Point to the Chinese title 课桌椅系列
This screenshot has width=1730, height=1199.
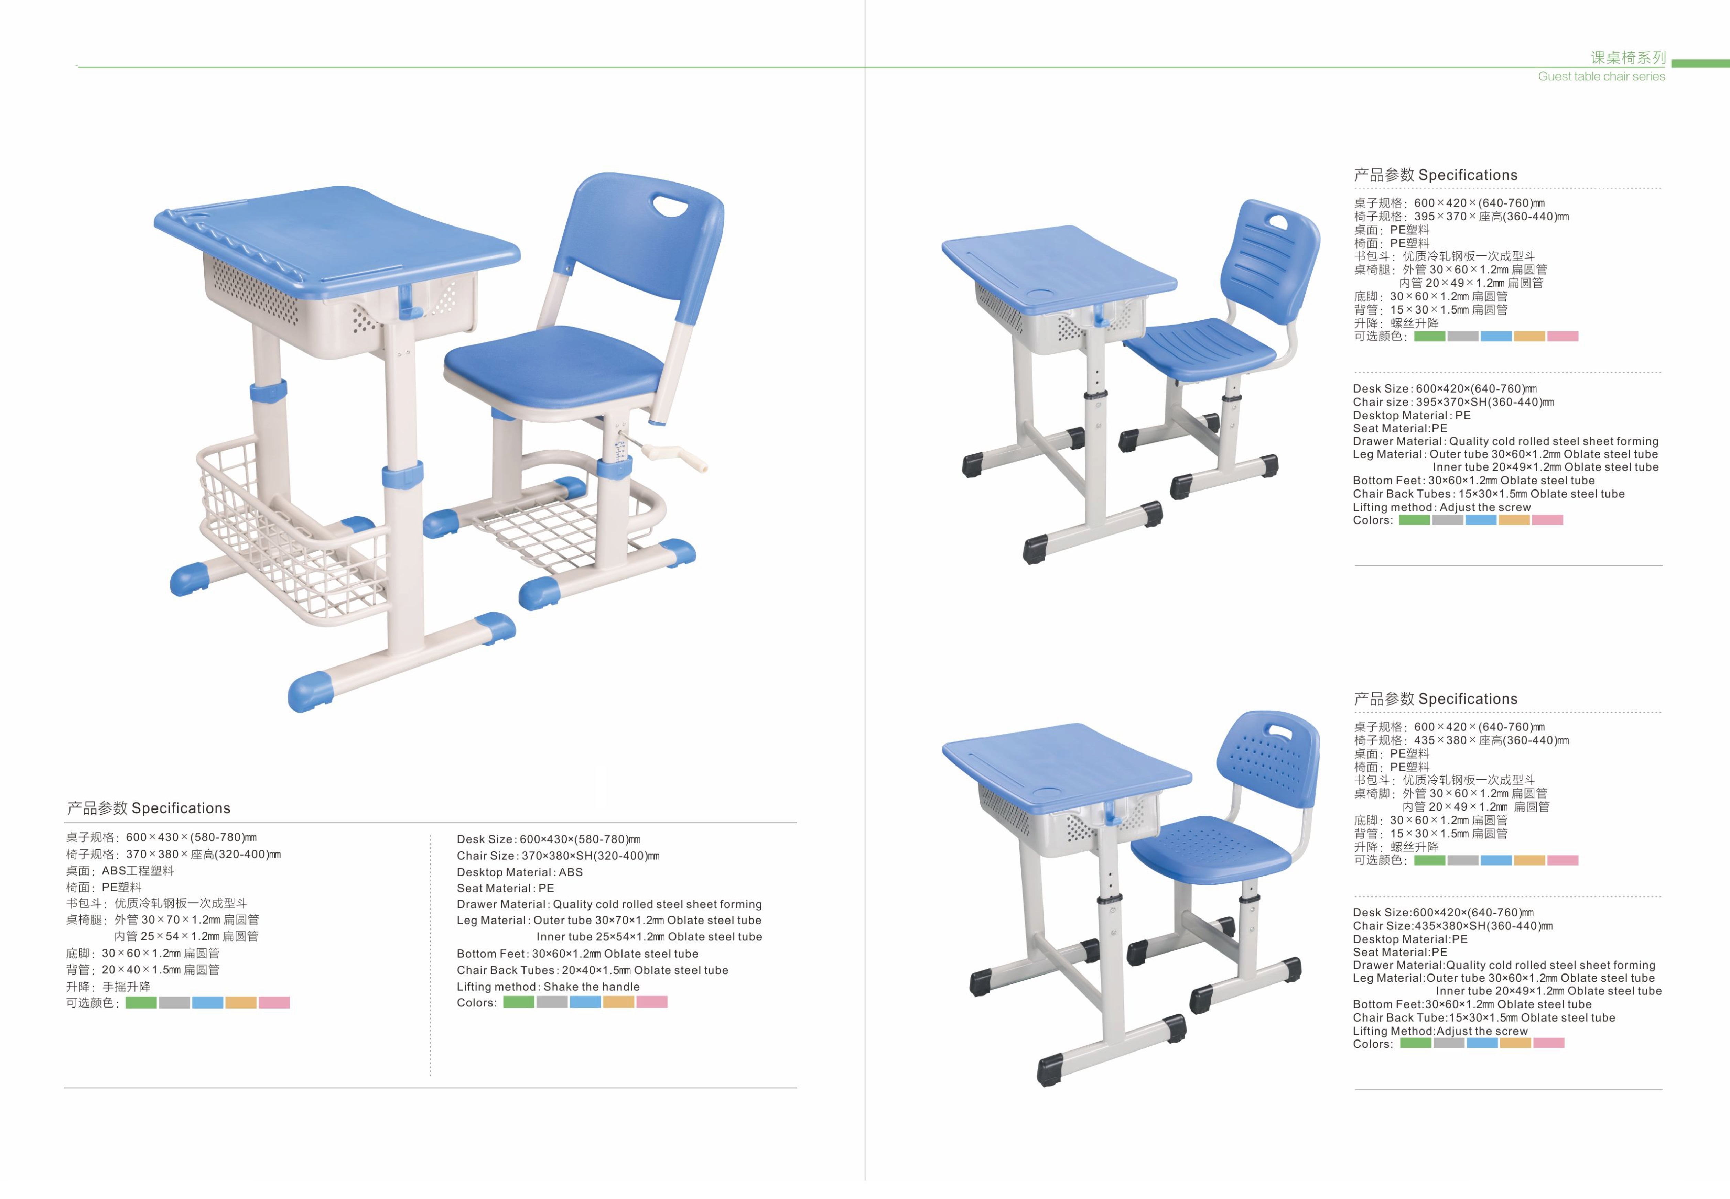click(x=1628, y=58)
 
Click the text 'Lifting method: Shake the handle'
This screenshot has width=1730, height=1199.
click(x=548, y=987)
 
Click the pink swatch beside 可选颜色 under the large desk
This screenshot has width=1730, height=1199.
click(x=273, y=1003)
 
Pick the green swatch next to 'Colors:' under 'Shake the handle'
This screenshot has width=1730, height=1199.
click(x=519, y=1002)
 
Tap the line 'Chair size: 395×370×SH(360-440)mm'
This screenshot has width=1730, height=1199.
click(x=1453, y=402)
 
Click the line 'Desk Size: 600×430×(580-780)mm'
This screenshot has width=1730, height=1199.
click(x=548, y=839)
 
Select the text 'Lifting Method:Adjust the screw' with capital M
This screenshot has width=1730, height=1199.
click(x=1440, y=1031)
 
